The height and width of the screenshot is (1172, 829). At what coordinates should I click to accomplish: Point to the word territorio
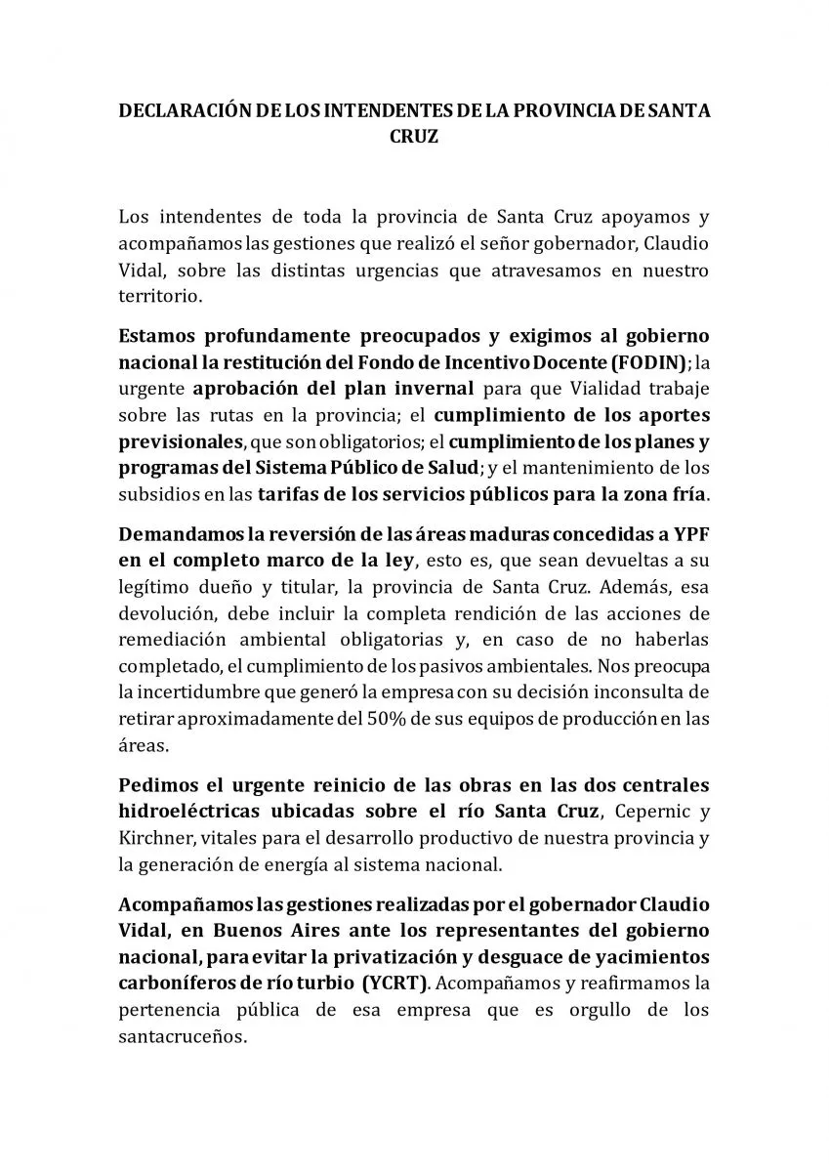159,294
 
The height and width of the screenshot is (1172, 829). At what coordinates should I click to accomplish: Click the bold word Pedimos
153,786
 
